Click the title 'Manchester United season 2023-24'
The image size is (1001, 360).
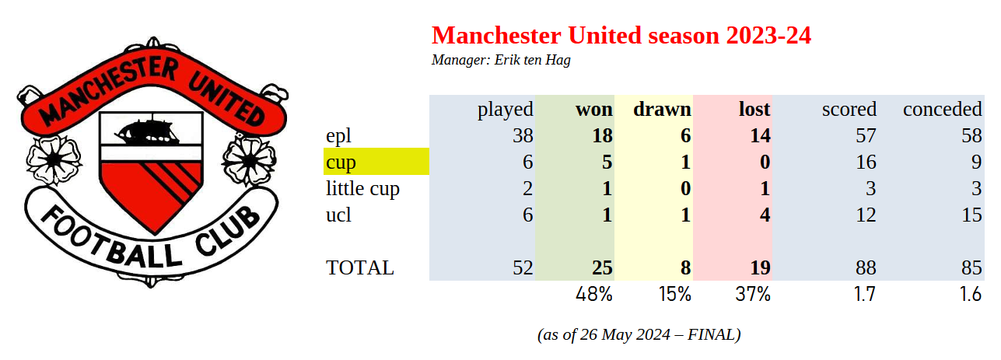(x=621, y=35)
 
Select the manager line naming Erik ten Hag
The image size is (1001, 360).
(x=501, y=60)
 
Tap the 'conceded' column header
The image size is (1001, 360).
(x=943, y=110)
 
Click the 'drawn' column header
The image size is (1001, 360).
(x=662, y=110)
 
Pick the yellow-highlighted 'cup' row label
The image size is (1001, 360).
(x=341, y=163)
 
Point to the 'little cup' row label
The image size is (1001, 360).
(x=363, y=188)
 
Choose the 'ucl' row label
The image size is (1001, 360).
(x=338, y=215)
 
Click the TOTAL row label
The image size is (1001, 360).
(x=360, y=268)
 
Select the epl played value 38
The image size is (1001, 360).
(x=523, y=136)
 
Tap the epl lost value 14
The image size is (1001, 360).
(x=760, y=136)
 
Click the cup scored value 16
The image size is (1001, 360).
(x=866, y=163)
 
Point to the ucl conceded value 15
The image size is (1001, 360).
(x=971, y=215)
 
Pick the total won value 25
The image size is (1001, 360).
(x=602, y=268)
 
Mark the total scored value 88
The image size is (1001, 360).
(x=866, y=268)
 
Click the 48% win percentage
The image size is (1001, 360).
(x=594, y=295)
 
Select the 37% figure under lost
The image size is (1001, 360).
(x=753, y=295)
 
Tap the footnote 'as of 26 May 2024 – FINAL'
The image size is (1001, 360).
(x=639, y=334)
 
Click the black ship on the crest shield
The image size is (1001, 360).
(x=148, y=131)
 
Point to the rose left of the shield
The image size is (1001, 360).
(x=54, y=159)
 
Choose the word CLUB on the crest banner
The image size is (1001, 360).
(x=227, y=232)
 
